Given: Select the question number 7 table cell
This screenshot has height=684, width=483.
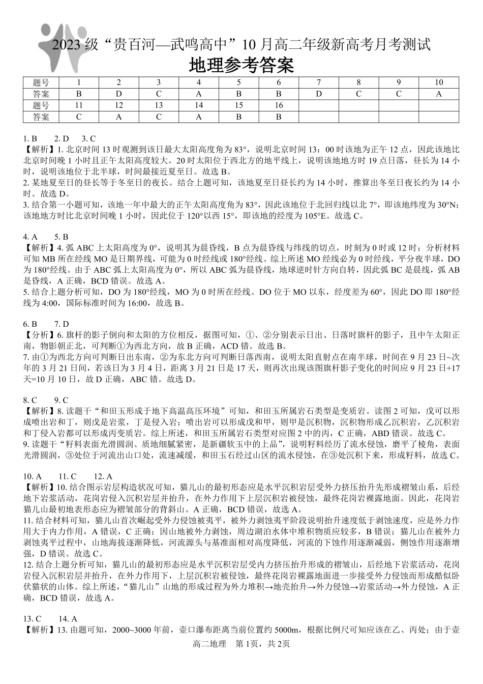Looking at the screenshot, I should coord(319,82).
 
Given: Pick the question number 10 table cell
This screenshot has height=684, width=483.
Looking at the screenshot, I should coord(439,82).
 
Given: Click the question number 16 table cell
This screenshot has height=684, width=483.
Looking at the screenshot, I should coord(279,105).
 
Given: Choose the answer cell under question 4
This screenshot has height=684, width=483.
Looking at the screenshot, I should coord(199,94).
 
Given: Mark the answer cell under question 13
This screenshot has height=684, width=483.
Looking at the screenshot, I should coord(159,117).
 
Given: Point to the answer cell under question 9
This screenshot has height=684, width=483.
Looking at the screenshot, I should coord(399,94).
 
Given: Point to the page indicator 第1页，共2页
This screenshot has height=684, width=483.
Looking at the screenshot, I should coord(263,644).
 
